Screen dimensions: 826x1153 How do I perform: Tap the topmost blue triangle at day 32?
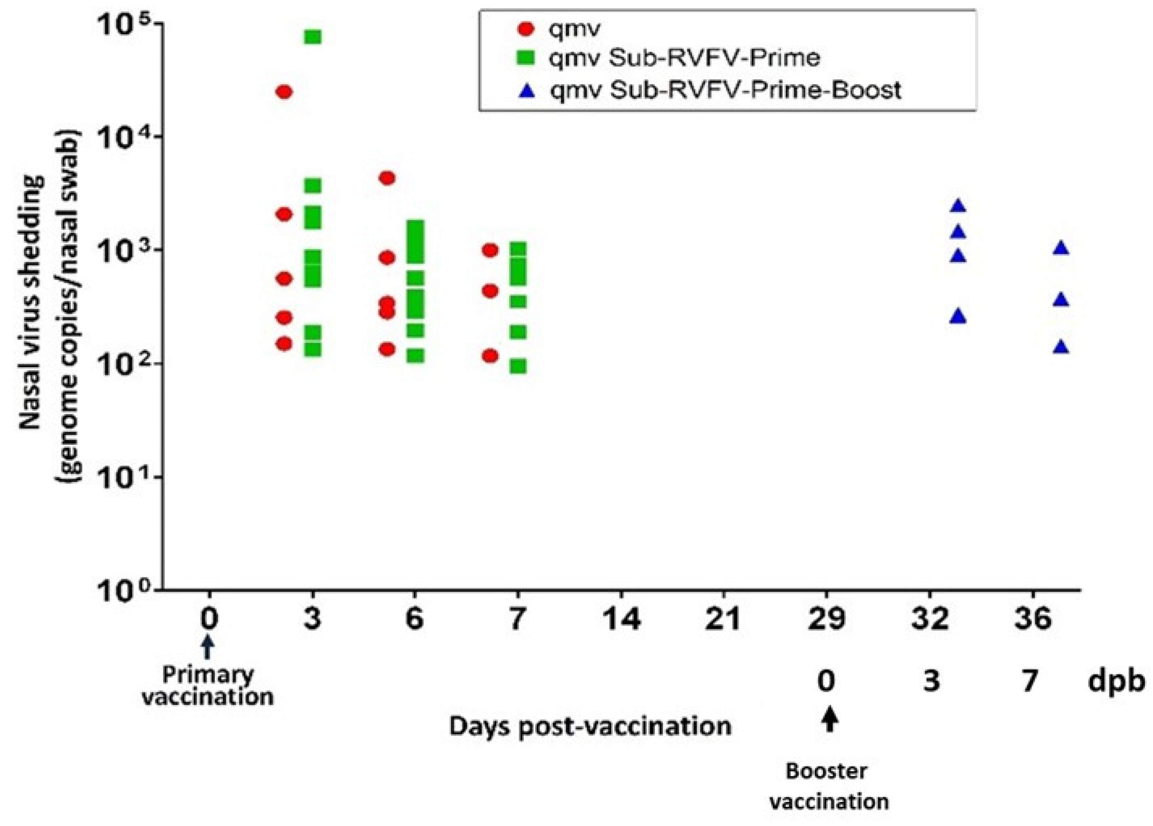pos(958,206)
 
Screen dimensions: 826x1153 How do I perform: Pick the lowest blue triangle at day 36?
pos(1061,348)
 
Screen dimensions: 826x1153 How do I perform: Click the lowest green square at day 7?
pos(518,366)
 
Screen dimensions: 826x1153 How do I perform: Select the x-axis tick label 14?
pos(621,619)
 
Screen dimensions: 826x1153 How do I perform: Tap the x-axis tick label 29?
pos(826,619)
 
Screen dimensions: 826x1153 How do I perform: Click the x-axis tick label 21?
pos(723,619)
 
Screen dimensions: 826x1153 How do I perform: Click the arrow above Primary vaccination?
pos(208,649)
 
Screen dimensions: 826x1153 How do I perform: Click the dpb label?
pos(1116,681)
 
